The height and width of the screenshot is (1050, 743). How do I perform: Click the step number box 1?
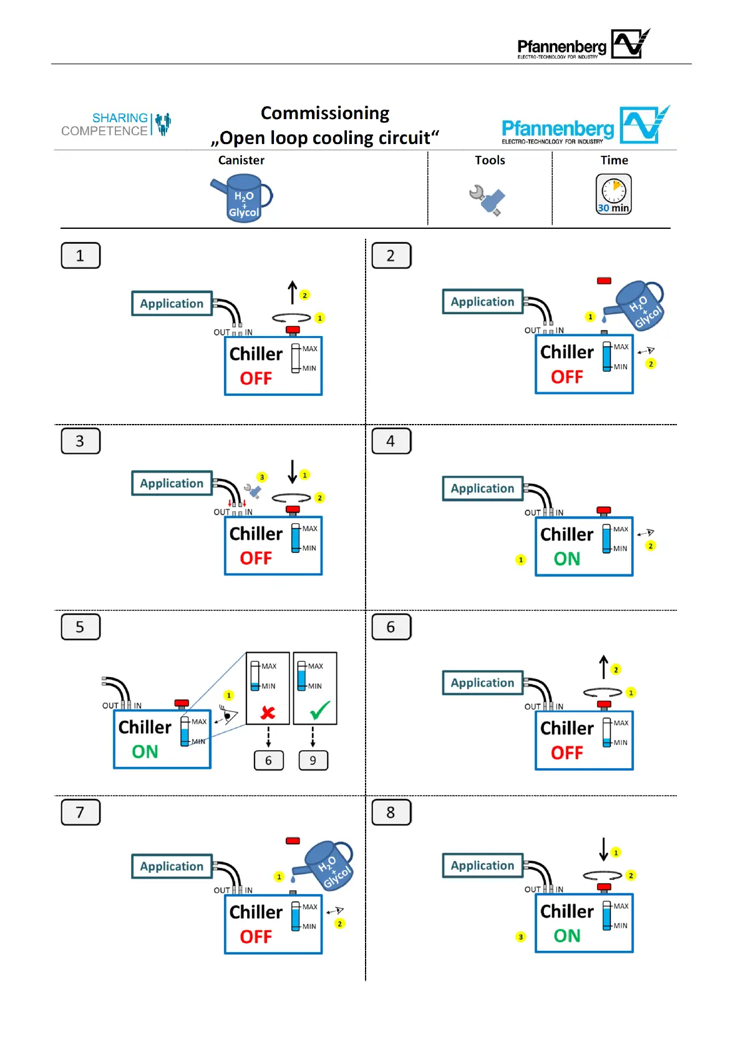(x=80, y=256)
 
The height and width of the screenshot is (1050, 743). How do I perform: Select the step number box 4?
(x=391, y=441)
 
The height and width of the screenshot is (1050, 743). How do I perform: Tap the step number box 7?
(x=80, y=812)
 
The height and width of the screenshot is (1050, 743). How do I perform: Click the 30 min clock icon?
(x=614, y=195)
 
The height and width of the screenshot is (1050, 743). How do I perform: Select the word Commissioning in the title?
(x=325, y=113)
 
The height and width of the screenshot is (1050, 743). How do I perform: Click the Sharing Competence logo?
(x=116, y=124)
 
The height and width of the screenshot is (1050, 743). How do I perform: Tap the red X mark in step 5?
(x=268, y=712)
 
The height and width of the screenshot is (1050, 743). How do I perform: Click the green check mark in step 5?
(x=320, y=710)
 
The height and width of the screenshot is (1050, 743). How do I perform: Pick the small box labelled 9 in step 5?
(x=313, y=760)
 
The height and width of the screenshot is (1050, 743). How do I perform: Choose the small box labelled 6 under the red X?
(x=269, y=760)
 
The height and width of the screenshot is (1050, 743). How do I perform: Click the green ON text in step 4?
(x=566, y=559)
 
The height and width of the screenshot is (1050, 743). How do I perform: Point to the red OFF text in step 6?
(x=566, y=753)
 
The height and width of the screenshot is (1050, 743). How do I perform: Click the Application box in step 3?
(x=172, y=483)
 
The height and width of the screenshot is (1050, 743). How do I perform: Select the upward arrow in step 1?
(x=292, y=292)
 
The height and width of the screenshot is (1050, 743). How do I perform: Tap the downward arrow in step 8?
(x=603, y=849)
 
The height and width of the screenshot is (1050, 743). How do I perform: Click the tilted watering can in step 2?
(x=636, y=305)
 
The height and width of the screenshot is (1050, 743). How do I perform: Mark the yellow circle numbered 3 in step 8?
(x=521, y=937)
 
